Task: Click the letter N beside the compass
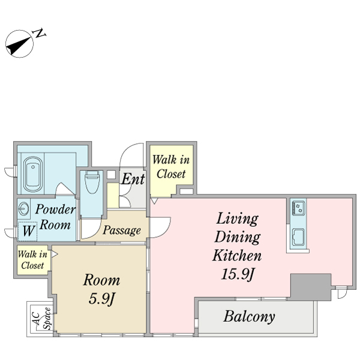[40, 33]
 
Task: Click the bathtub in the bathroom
[33, 171]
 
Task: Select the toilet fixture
[92, 182]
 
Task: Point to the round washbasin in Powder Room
[23, 209]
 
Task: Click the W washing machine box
[28, 231]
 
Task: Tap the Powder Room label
[55, 217]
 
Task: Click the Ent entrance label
[133, 179]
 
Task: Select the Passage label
[122, 230]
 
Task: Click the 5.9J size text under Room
[102, 299]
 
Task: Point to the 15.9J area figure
[238, 274]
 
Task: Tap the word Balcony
[250, 317]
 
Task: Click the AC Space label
[42, 319]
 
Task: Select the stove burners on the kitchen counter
[298, 208]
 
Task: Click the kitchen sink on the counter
[298, 238]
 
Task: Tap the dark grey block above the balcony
[311, 287]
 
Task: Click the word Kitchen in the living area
[237, 255]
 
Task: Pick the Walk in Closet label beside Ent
[171, 167]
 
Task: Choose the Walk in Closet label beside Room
[32, 260]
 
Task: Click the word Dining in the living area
[238, 237]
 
